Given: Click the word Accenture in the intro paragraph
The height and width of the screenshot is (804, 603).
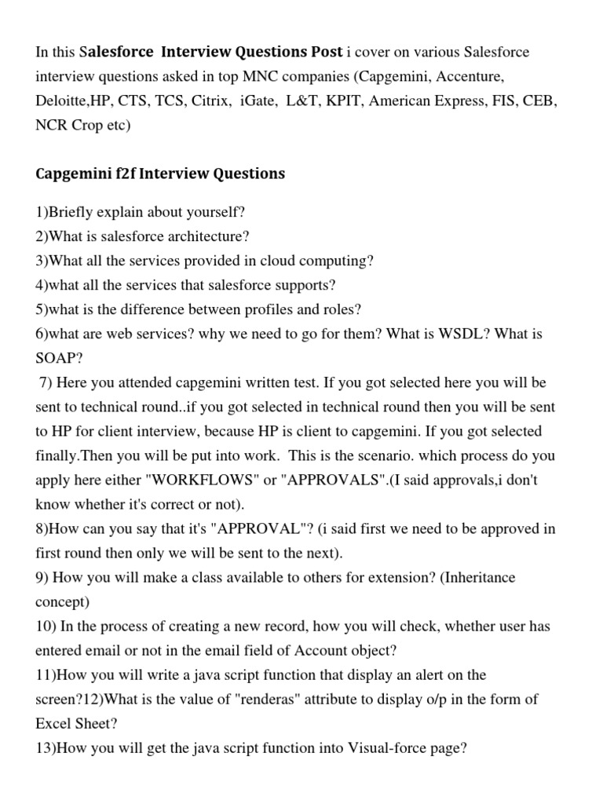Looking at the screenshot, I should (x=469, y=77).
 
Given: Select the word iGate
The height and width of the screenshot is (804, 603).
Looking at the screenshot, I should (x=261, y=101).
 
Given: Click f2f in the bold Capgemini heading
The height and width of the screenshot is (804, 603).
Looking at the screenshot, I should (x=126, y=174).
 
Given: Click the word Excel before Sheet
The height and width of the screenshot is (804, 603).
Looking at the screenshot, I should (x=54, y=723).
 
